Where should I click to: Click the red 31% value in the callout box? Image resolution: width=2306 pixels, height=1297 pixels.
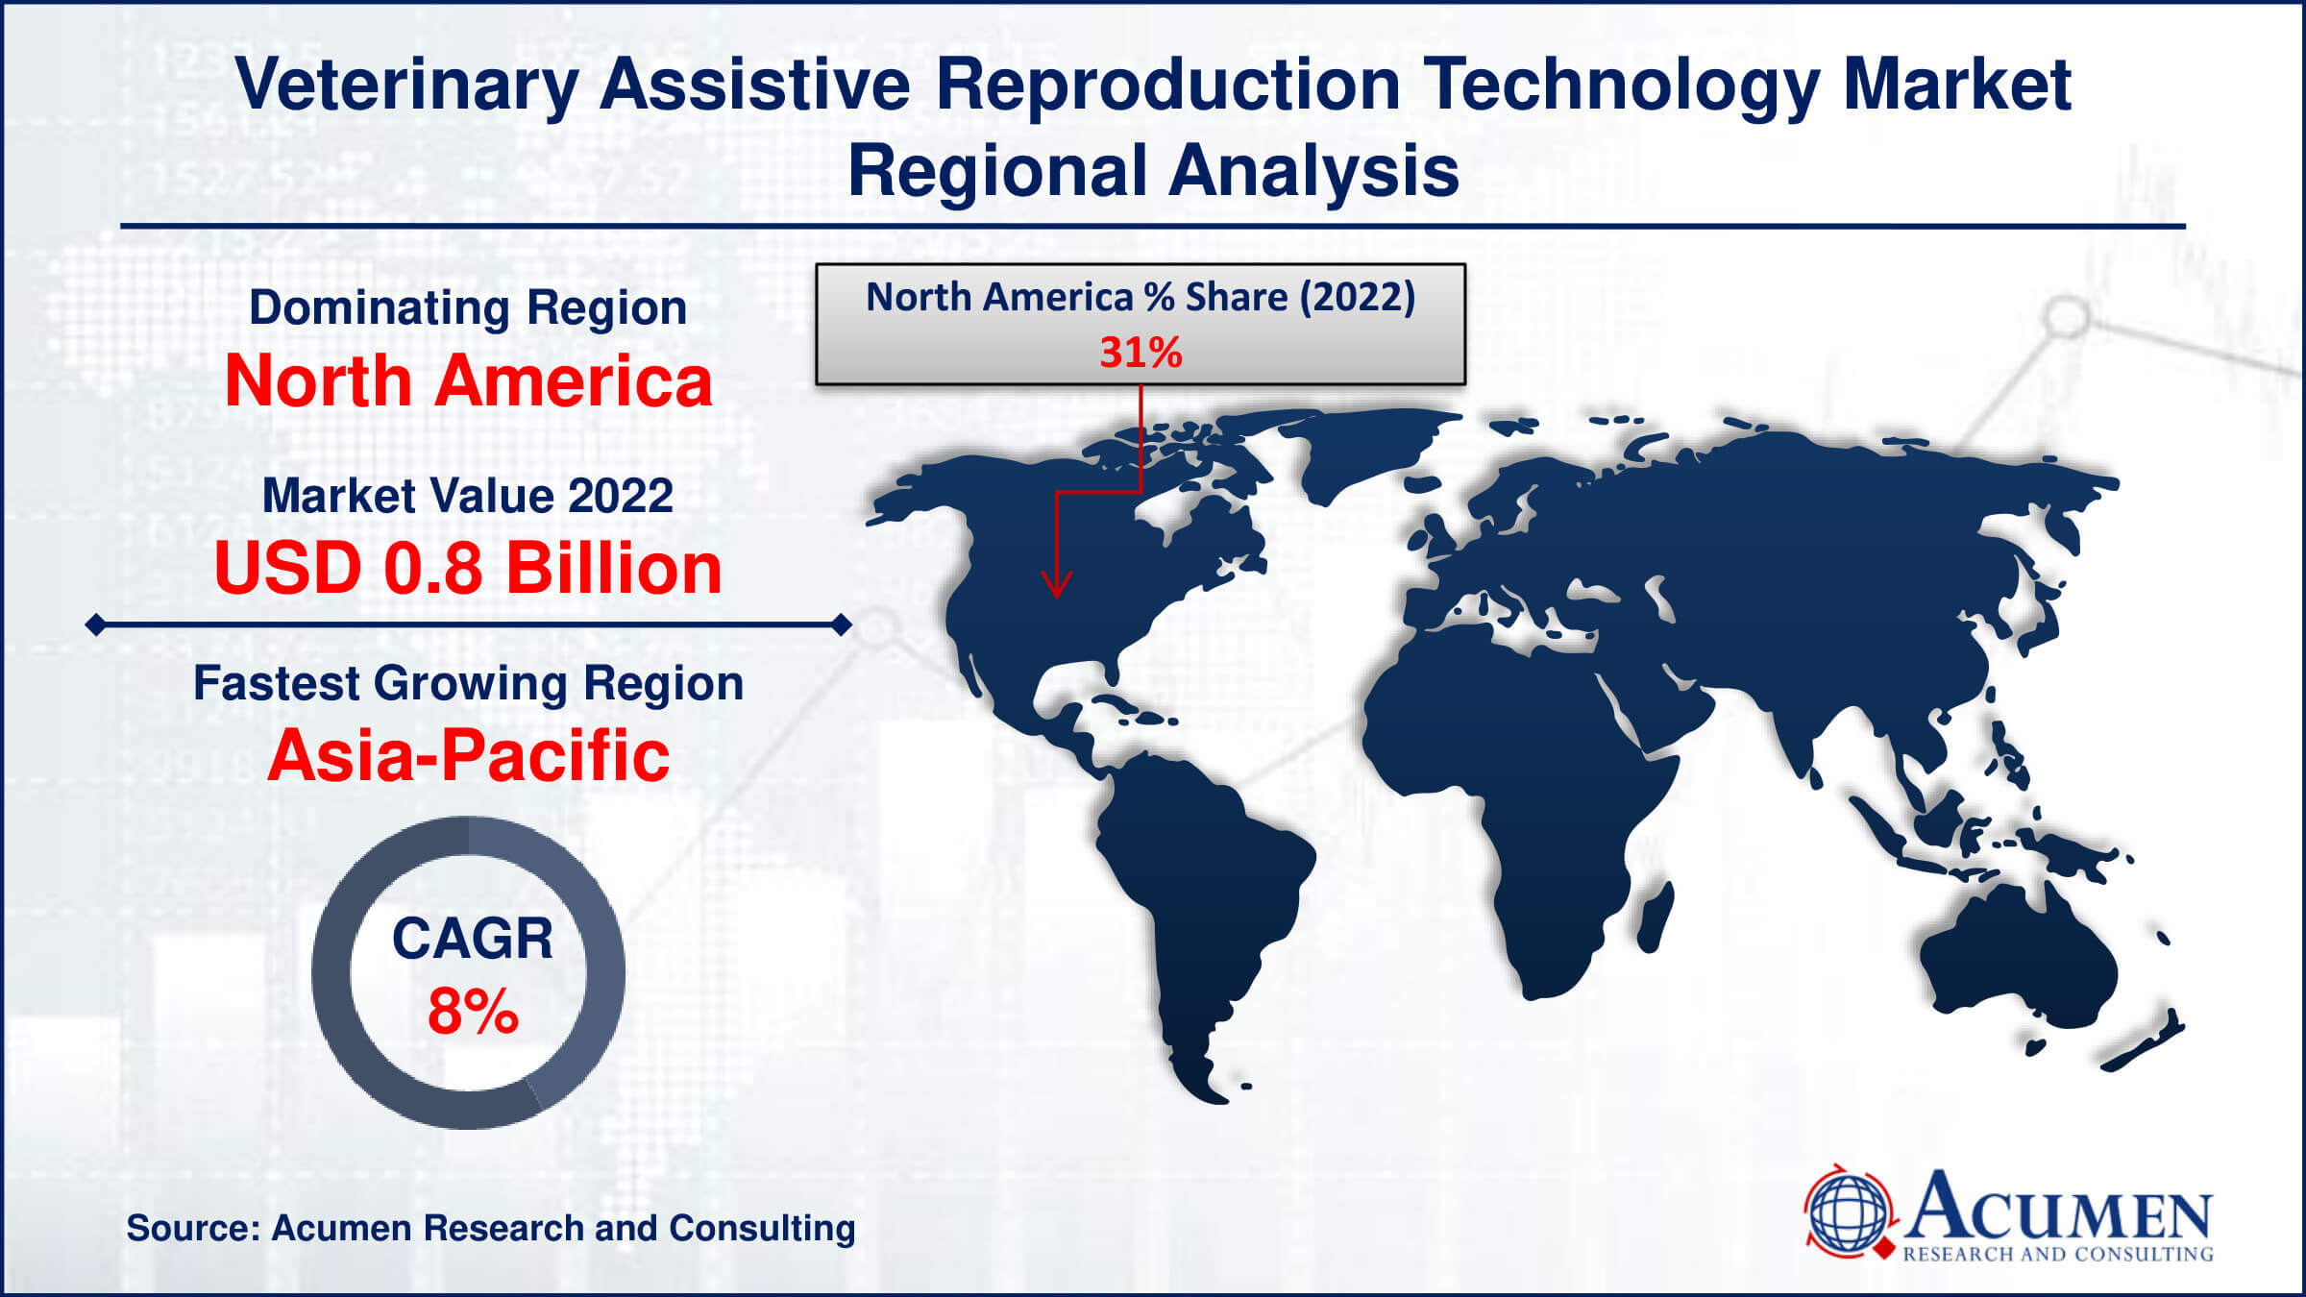tap(1141, 353)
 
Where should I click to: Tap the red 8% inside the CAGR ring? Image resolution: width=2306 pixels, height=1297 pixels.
tap(473, 1012)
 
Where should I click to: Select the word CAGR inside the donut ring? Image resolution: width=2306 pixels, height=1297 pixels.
tap(473, 938)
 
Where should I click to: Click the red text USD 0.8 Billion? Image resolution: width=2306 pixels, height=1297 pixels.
tap(468, 568)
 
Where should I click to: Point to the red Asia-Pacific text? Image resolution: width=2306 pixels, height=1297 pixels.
tap(468, 756)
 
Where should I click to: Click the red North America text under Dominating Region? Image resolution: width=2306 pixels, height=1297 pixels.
tap(468, 380)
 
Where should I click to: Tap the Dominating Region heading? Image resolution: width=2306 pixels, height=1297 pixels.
tap(468, 307)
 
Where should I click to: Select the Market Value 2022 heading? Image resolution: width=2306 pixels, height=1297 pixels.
tap(468, 496)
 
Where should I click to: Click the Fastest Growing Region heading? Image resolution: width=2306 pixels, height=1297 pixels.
tap(468, 684)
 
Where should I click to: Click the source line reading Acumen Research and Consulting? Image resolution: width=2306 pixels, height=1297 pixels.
tap(491, 1228)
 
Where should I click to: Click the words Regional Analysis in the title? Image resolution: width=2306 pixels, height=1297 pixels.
tap(1153, 171)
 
